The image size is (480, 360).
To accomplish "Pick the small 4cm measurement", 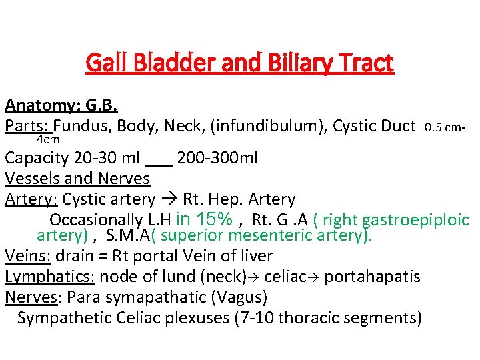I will coord(48,139).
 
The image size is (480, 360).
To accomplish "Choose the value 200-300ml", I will coord(217,159).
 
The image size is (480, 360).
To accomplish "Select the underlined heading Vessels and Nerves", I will coord(77,179).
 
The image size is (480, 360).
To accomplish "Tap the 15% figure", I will coord(214,219).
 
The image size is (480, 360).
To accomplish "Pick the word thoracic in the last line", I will coord(310,317).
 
